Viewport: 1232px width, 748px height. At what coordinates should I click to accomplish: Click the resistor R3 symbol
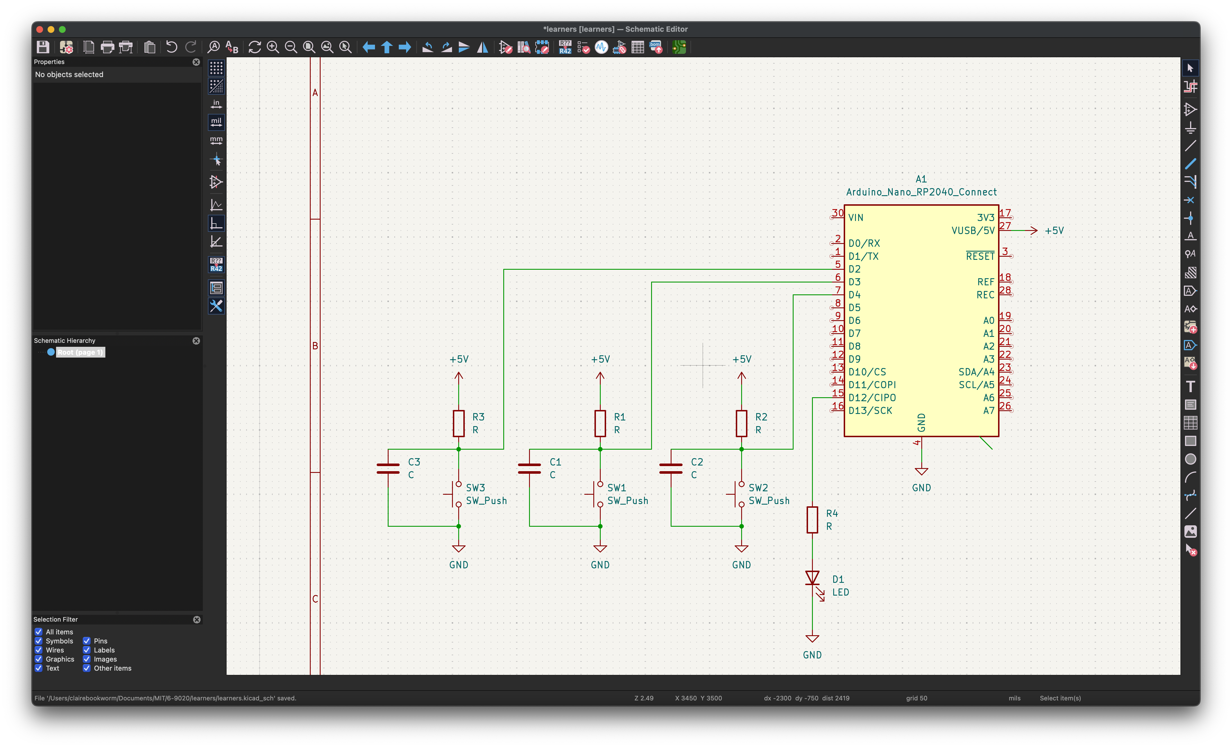click(459, 423)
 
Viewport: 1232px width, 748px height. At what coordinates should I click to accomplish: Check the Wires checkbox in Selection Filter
click(39, 650)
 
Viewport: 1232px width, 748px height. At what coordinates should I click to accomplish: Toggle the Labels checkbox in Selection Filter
click(86, 650)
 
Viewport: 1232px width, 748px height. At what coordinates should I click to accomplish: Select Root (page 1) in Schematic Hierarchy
click(80, 352)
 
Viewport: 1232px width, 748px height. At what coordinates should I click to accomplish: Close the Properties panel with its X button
click(196, 62)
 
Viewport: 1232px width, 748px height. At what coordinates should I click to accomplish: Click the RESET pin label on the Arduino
click(980, 256)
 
